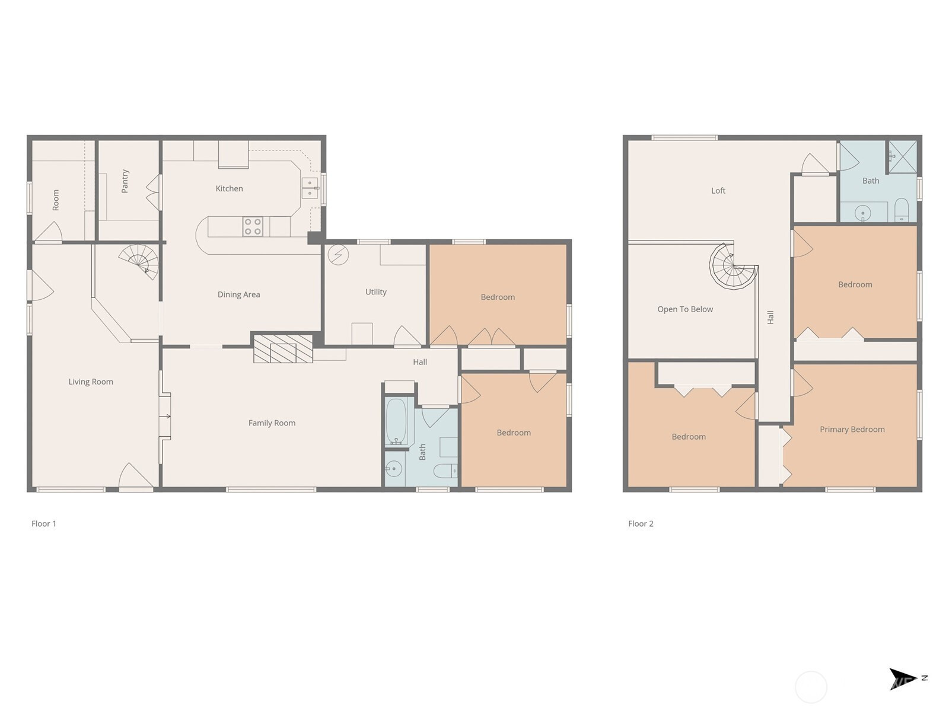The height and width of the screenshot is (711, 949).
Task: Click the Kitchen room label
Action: [x=229, y=188]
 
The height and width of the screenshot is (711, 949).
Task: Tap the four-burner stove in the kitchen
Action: [x=253, y=227]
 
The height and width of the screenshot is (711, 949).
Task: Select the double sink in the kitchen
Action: [x=309, y=188]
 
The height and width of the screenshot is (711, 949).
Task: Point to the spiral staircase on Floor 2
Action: [x=733, y=267]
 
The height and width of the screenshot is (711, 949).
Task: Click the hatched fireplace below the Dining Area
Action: [x=283, y=348]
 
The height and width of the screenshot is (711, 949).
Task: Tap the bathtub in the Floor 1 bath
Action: [x=396, y=422]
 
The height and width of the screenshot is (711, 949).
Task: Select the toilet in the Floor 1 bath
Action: [x=444, y=471]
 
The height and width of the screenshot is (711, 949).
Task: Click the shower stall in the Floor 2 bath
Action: [x=902, y=156]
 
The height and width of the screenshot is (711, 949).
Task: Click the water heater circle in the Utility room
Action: [x=338, y=255]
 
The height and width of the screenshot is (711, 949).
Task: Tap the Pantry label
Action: [x=125, y=181]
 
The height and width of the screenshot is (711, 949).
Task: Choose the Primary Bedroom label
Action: [x=852, y=430]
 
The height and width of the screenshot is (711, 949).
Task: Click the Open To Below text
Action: [x=685, y=309]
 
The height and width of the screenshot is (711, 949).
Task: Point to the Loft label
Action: [x=718, y=191]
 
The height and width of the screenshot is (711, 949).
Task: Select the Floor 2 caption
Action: [x=641, y=524]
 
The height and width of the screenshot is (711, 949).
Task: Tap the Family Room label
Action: [x=272, y=423]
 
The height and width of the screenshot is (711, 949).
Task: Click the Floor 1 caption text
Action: [x=44, y=524]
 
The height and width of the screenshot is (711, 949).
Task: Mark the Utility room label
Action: [x=375, y=292]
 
